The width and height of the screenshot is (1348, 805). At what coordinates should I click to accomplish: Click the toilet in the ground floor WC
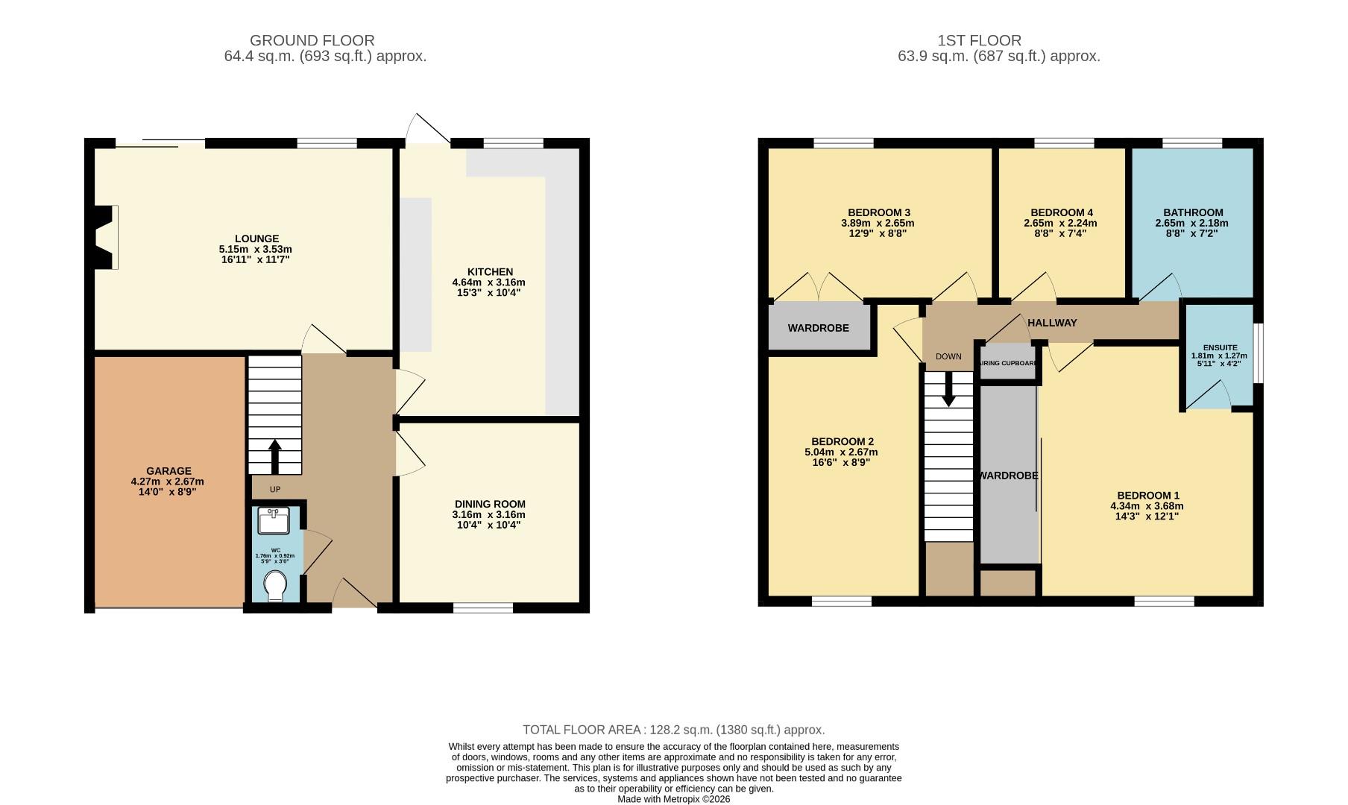click(x=275, y=586)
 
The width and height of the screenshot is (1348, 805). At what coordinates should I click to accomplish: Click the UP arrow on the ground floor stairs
click(x=274, y=455)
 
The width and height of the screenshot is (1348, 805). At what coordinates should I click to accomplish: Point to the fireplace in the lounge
click(x=106, y=237)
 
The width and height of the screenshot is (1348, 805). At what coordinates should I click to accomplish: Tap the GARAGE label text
click(x=168, y=471)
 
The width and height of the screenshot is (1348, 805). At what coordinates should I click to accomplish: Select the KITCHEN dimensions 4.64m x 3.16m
click(x=489, y=282)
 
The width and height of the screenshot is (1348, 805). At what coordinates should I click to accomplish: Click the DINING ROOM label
click(x=489, y=504)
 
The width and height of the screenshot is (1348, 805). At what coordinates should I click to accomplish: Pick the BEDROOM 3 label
click(x=878, y=212)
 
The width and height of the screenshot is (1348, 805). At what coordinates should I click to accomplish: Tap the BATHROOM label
click(x=1193, y=212)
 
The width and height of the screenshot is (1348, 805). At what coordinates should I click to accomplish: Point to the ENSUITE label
click(x=1220, y=347)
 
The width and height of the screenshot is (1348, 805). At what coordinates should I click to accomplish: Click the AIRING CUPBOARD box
click(x=1007, y=363)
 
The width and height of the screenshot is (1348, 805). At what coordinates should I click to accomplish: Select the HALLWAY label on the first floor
click(x=1052, y=323)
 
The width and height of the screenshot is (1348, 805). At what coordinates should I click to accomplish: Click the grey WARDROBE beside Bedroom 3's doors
click(x=818, y=328)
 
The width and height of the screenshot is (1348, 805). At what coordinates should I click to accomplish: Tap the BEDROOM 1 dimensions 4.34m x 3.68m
click(x=1147, y=506)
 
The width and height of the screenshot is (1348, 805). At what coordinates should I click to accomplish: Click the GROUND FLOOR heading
click(x=312, y=40)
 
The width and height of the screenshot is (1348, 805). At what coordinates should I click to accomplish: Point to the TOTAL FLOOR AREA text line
click(x=673, y=730)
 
